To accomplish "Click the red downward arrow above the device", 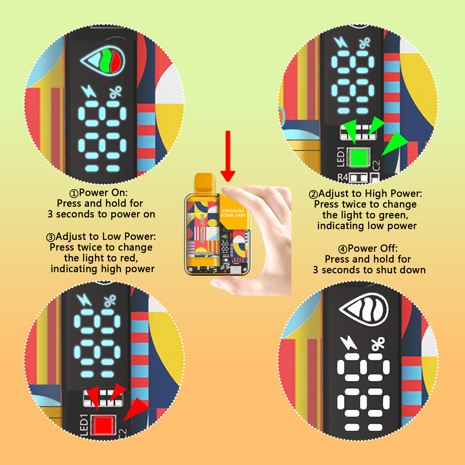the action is click(x=228, y=156).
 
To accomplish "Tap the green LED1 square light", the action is click(x=359, y=157).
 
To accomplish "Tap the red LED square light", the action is click(x=103, y=424).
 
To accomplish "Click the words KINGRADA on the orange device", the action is click(x=233, y=210).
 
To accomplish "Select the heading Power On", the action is click(x=103, y=192).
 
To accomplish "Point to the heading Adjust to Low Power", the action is click(x=106, y=237).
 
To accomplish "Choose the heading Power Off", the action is click(x=373, y=248).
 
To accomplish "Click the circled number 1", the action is click(x=74, y=193).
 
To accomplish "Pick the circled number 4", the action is click(x=343, y=249).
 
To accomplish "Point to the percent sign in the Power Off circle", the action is click(x=378, y=344).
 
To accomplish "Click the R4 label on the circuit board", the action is click(x=343, y=178).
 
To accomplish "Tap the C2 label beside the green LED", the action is click(x=376, y=166).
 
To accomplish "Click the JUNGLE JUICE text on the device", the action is click(x=203, y=228).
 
